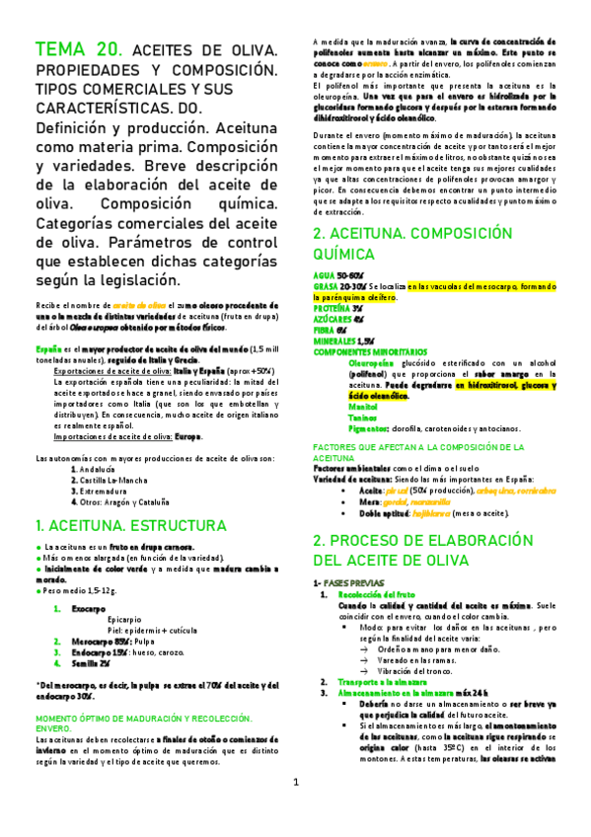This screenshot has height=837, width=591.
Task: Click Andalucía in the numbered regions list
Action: coord(106,469)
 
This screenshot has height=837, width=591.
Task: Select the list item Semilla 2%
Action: coord(93,662)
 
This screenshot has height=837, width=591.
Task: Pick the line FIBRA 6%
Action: coord(331,329)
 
